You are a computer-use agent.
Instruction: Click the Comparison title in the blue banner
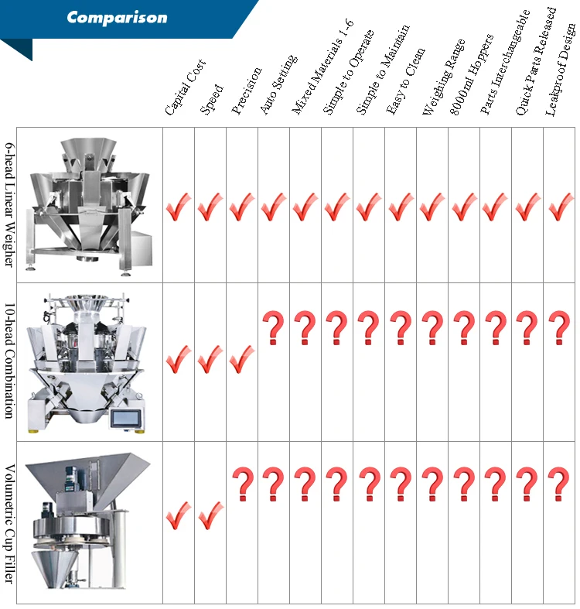click(x=117, y=17)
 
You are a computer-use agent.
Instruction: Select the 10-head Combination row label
click(x=9, y=361)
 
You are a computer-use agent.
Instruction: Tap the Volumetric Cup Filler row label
click(x=9, y=522)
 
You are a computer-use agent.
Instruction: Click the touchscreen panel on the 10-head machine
click(x=124, y=418)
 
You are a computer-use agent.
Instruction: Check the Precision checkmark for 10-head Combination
click(x=242, y=358)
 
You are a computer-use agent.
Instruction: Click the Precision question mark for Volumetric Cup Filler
click(x=242, y=484)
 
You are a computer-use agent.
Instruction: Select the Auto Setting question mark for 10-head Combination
click(x=273, y=328)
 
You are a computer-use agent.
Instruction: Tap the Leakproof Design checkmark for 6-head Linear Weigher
click(x=560, y=207)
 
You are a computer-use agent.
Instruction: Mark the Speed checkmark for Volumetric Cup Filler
click(x=210, y=516)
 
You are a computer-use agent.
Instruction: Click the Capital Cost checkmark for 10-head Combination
click(x=179, y=358)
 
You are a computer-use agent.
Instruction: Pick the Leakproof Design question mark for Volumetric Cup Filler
click(x=558, y=484)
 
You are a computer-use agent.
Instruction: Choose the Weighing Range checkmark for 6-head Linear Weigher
click(x=432, y=207)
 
